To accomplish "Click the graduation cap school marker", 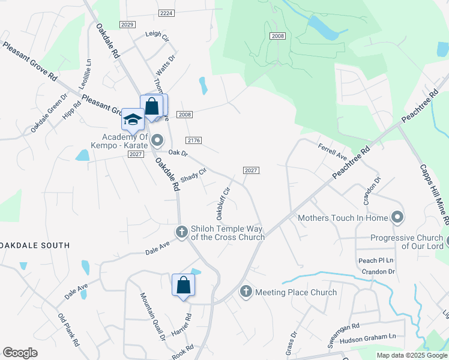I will pyautogui.click(x=132, y=119).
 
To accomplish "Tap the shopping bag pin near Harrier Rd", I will pyautogui.click(x=184, y=285).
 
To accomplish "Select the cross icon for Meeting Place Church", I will pyautogui.click(x=246, y=292).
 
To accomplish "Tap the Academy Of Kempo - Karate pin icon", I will pyautogui.click(x=158, y=141).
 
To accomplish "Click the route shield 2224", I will pyautogui.click(x=167, y=13).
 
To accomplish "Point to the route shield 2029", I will pyautogui.click(x=127, y=25).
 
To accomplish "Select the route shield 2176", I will pyautogui.click(x=193, y=140).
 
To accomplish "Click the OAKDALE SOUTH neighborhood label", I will pyautogui.click(x=36, y=245).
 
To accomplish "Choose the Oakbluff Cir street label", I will pyautogui.click(x=220, y=203).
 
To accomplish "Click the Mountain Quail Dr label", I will pyautogui.click(x=152, y=317).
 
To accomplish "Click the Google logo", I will pyautogui.click(x=20, y=353).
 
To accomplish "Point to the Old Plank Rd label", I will pyautogui.click(x=68, y=331).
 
